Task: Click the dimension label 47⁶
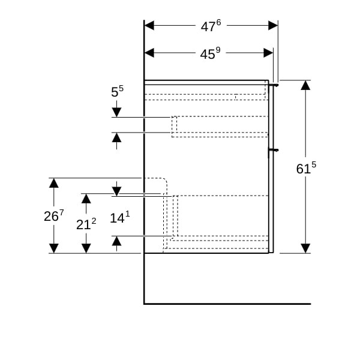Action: [x=211, y=26]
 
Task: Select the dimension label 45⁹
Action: [x=210, y=53]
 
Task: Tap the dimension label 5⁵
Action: [x=117, y=92]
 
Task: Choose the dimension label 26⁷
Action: [x=53, y=215]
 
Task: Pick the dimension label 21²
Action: [x=86, y=224]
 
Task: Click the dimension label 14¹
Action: [x=119, y=218]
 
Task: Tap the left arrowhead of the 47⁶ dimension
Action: [x=149, y=25]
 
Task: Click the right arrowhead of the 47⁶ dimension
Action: [x=273, y=25]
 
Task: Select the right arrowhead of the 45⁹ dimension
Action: [x=268, y=53]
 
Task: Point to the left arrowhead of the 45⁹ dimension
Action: [x=149, y=53]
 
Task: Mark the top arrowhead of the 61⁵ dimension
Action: [x=305, y=85]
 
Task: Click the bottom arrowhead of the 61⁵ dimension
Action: [x=305, y=248]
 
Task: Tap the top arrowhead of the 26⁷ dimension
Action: [x=54, y=183]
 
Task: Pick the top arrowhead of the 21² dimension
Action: [x=86, y=198]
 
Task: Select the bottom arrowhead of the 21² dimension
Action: [x=86, y=248]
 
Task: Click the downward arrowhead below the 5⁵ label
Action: [x=116, y=112]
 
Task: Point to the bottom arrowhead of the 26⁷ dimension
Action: [x=54, y=248]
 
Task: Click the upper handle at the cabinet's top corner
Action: [x=274, y=85]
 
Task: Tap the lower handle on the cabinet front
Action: [x=274, y=149]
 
